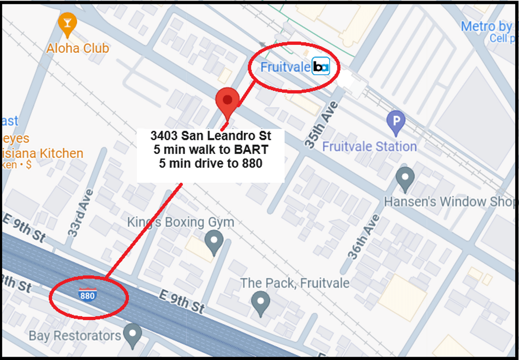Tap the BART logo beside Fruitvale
click(321, 67)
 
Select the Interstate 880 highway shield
click(88, 295)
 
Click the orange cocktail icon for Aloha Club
click(67, 24)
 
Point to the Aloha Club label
click(77, 48)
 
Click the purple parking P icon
click(396, 121)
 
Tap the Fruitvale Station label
click(369, 146)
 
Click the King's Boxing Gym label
click(180, 222)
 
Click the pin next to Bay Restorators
click(132, 334)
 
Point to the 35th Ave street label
click(321, 125)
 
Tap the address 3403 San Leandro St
click(211, 135)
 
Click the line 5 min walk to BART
click(211, 149)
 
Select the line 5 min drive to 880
click(211, 163)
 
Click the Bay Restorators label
click(75, 336)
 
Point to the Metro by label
click(486, 27)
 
